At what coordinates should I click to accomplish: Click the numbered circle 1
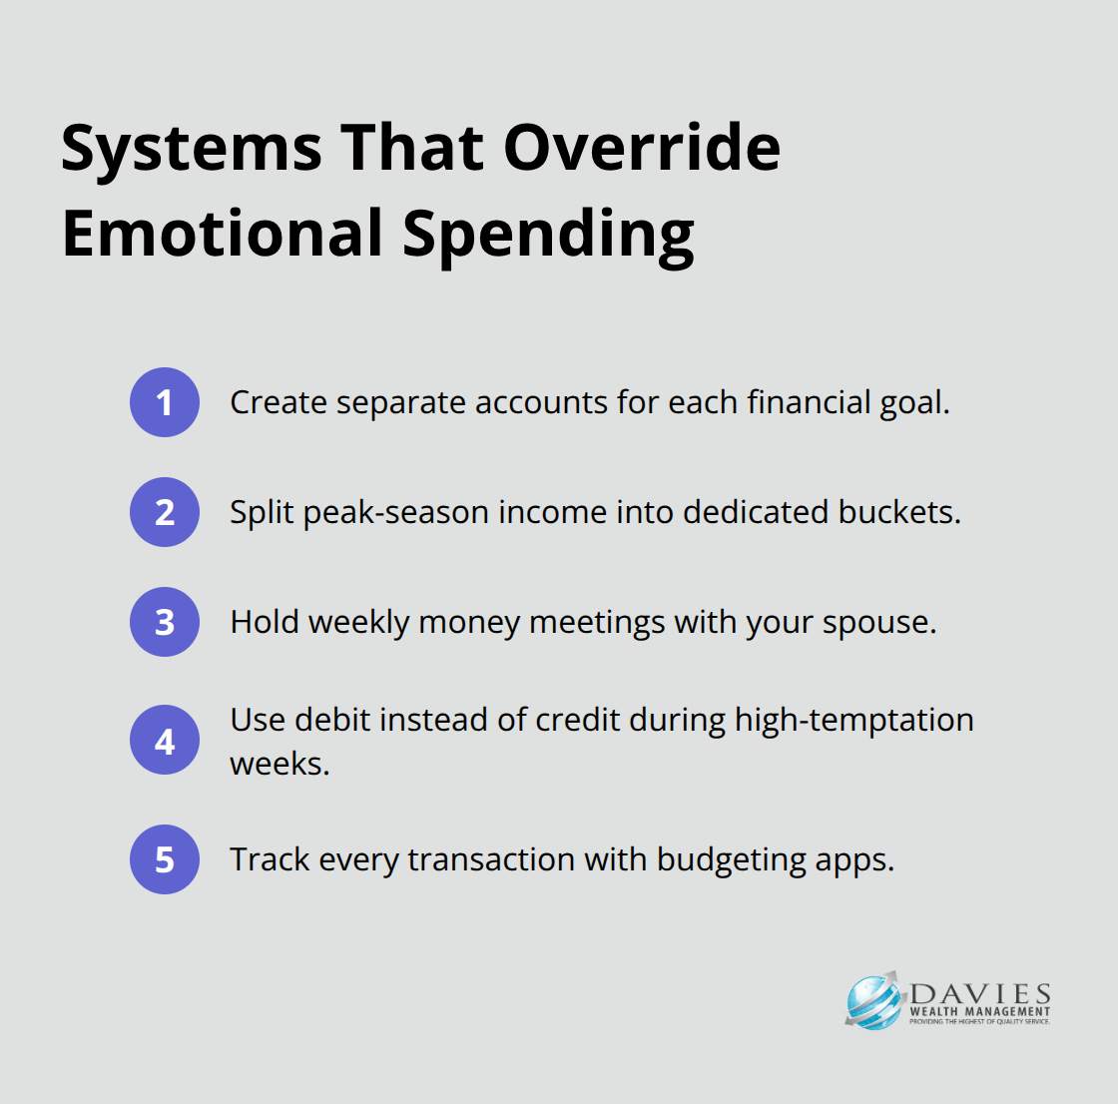tap(165, 402)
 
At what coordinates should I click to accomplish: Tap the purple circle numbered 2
tap(165, 512)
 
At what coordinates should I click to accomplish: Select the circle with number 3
tap(165, 622)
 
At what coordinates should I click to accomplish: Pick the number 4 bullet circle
tap(165, 741)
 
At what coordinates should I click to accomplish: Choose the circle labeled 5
tap(165, 859)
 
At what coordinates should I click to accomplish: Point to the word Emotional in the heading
tap(223, 234)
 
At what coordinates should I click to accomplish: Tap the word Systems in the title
tap(192, 150)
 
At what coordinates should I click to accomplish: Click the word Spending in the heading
tap(548, 237)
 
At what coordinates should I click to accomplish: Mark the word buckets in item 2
tap(899, 512)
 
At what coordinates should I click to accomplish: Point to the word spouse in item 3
tap(879, 623)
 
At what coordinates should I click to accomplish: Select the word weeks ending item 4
tap(279, 764)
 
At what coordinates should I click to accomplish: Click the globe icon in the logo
tap(873, 1001)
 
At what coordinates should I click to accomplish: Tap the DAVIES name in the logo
tap(979, 993)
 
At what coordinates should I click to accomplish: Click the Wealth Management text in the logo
tap(979, 1011)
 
